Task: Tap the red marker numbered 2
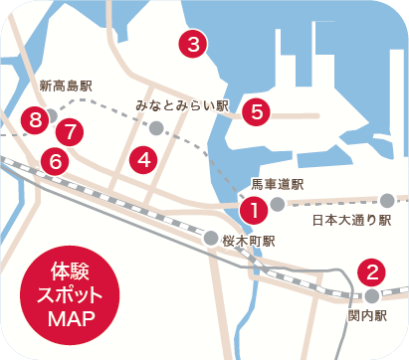371,270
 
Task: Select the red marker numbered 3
192,43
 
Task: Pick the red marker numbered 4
144,158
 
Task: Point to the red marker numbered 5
256,111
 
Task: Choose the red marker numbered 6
56,159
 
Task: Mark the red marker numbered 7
69,130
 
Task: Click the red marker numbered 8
36,120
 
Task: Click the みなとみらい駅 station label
182,104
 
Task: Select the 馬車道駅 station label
277,184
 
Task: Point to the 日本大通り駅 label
352,220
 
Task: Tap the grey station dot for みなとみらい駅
156,127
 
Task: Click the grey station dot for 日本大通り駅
387,201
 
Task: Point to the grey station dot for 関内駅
371,296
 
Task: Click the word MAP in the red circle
69,319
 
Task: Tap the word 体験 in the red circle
69,271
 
